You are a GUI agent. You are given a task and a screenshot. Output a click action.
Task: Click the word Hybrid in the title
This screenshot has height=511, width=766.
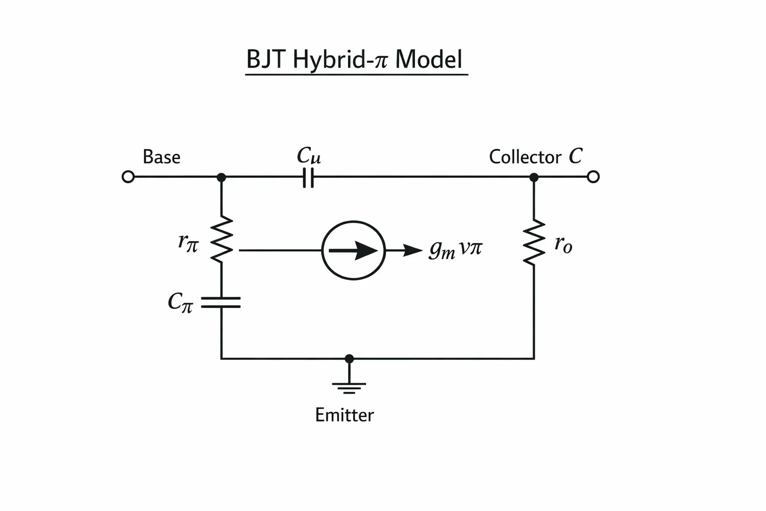click(x=328, y=60)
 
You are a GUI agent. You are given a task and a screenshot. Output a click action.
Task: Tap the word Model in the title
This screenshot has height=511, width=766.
click(x=429, y=59)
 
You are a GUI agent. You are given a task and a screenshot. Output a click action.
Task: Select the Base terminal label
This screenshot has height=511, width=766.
click(x=162, y=157)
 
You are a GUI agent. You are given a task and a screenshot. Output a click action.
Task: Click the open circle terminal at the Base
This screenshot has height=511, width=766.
click(x=128, y=177)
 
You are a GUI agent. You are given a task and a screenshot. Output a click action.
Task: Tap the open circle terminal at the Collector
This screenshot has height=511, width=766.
click(x=593, y=177)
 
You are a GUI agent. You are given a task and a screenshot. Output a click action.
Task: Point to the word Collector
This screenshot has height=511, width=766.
click(x=525, y=157)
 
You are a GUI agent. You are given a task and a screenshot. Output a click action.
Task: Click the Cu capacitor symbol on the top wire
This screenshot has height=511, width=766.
click(x=308, y=177)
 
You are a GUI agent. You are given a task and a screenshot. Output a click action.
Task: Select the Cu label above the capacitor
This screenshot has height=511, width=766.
click(x=309, y=155)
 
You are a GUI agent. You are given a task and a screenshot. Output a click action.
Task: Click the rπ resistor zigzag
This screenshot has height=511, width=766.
click(x=221, y=239)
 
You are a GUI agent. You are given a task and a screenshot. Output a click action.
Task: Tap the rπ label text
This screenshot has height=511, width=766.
click(x=188, y=243)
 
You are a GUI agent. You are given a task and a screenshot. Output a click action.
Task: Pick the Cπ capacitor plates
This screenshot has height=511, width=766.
click(x=221, y=302)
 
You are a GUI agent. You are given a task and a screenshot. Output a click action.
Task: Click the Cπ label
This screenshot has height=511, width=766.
click(x=181, y=302)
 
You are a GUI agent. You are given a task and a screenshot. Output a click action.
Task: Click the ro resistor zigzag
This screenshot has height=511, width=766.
click(x=534, y=243)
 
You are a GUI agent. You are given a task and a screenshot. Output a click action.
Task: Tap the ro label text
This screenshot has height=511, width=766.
click(x=563, y=245)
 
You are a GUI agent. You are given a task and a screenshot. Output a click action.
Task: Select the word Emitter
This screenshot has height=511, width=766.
click(x=345, y=415)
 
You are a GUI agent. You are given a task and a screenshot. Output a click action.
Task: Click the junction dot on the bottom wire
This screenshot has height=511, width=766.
click(x=349, y=359)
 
